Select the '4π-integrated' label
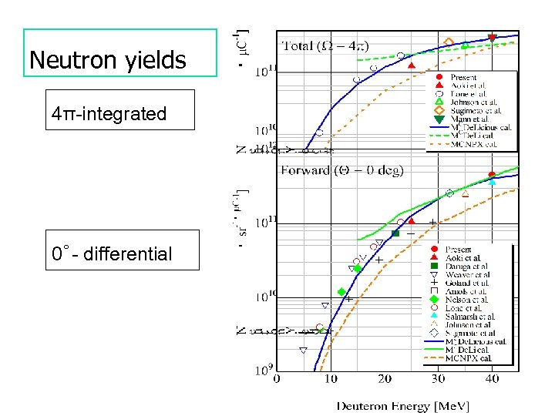(109, 114)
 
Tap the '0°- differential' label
(111, 253)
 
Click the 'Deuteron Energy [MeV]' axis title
(402, 405)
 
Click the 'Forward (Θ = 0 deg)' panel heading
(341, 169)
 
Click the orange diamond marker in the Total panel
(449, 42)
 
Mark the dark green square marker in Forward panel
(395, 233)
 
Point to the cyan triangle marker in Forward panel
(492, 182)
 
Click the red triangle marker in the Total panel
(411, 65)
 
